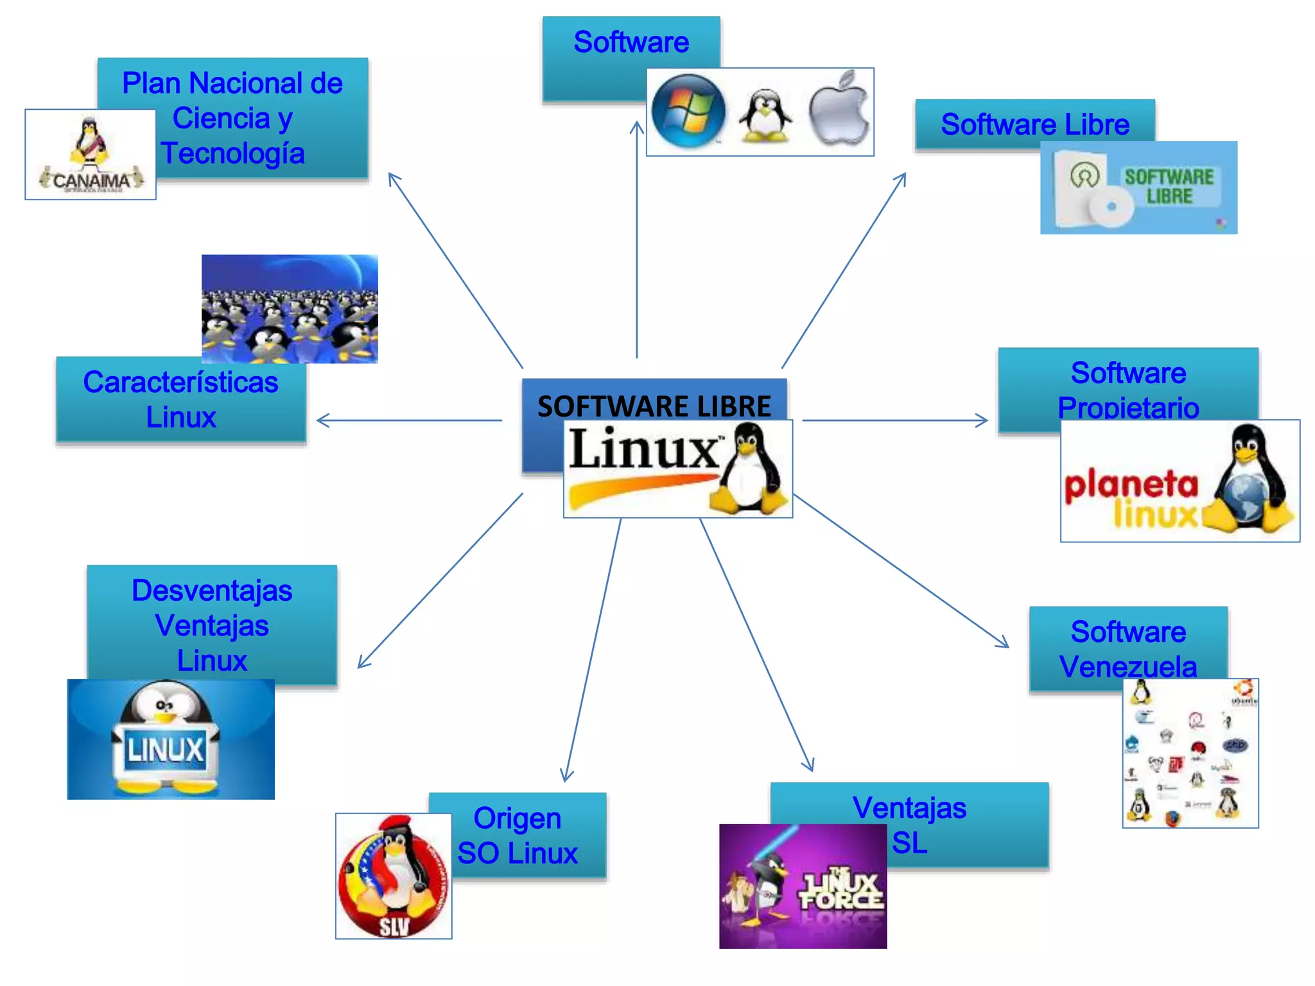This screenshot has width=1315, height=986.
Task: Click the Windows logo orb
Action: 688,112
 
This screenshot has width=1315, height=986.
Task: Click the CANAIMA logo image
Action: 91,155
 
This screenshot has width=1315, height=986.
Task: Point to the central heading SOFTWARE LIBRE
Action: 654,406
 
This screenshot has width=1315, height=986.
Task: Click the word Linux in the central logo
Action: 644,449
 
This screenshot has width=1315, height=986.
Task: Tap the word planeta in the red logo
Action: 1131,485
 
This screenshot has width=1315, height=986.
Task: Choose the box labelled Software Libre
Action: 1034,124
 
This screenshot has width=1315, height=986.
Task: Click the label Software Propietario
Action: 1128,390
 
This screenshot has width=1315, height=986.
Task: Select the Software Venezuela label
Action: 1128,648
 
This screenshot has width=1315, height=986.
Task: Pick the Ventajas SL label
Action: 909,824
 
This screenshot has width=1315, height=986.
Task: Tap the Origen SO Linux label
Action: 517,835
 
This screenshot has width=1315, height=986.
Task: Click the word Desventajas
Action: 212,591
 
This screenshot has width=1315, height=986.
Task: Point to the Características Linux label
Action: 180,399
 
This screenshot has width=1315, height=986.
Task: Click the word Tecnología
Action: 232,153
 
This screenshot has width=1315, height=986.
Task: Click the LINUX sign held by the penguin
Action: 166,749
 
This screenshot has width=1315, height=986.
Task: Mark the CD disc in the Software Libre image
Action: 1111,206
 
